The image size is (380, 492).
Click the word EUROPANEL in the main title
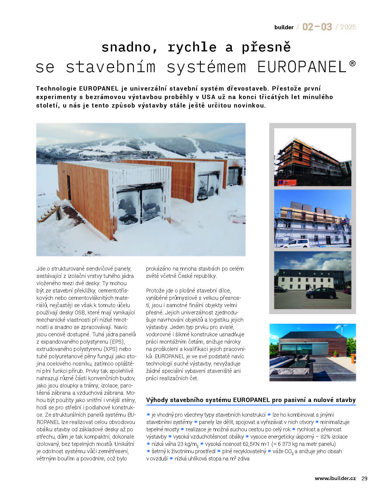coord(301,67)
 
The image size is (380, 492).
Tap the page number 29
coord(364,479)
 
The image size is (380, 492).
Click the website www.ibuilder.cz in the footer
coord(335,479)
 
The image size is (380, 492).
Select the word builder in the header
coord(284,27)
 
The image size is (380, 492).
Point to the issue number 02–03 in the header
coord(317,27)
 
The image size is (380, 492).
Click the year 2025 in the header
coord(348,27)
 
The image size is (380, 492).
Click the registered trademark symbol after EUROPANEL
coord(353,63)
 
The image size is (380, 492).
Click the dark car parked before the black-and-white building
coord(321,293)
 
